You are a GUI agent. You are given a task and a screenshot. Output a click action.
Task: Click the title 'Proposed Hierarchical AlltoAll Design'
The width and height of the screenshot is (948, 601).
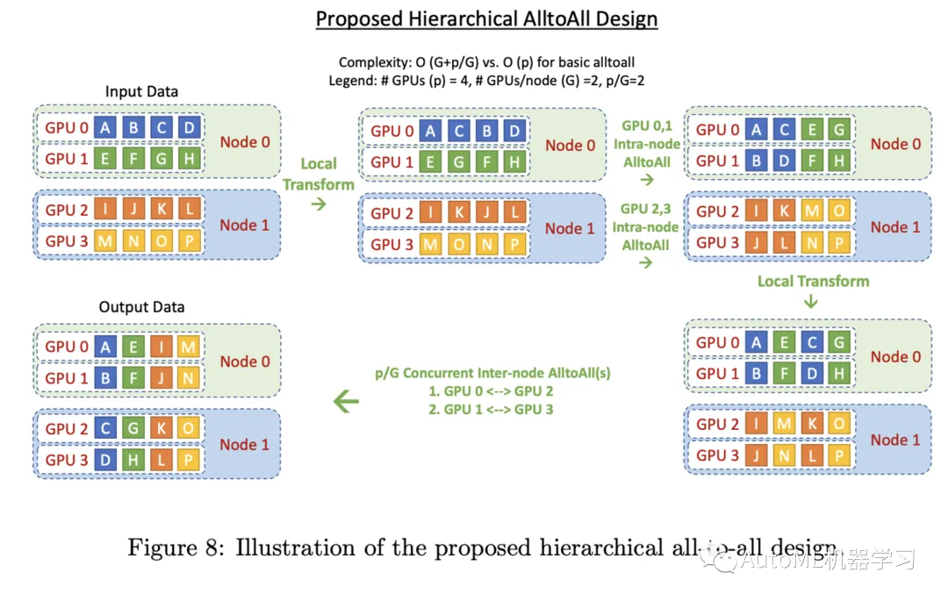point(486,18)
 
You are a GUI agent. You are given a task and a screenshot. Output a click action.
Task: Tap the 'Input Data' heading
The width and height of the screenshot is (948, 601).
point(141,91)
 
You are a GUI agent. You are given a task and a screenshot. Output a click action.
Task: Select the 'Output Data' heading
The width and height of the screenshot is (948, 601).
point(141,307)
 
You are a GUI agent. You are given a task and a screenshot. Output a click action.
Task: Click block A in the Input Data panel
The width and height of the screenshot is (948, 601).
point(105,127)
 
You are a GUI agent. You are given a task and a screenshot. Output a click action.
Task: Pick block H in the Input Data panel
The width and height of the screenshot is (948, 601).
point(188,159)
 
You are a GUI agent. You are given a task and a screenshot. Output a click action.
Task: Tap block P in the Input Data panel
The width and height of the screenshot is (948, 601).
point(188,240)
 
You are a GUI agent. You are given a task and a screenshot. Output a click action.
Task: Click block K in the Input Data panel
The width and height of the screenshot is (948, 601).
point(161,210)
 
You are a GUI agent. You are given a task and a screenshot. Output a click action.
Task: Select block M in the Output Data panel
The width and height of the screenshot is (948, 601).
point(188,347)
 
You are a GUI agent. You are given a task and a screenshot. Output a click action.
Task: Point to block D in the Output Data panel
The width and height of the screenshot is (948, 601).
point(105,460)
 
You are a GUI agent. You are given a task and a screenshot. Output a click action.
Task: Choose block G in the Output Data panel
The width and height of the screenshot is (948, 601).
point(133,428)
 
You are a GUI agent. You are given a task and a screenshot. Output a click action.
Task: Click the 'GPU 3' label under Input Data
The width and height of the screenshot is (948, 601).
point(61,240)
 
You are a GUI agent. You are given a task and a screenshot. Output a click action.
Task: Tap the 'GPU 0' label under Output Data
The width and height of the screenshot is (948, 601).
point(61,347)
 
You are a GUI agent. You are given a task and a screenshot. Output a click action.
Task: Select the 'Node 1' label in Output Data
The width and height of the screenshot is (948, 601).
point(245,444)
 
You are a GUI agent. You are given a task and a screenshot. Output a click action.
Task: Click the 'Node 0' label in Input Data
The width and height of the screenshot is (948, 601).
point(245,142)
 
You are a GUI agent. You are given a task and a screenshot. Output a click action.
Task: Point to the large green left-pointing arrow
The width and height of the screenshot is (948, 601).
point(347,402)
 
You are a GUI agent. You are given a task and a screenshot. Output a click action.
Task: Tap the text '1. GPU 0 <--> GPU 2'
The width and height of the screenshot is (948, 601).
point(491,391)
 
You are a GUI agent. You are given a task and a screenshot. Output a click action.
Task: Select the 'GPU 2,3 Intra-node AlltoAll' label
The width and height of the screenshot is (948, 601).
point(645,227)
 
